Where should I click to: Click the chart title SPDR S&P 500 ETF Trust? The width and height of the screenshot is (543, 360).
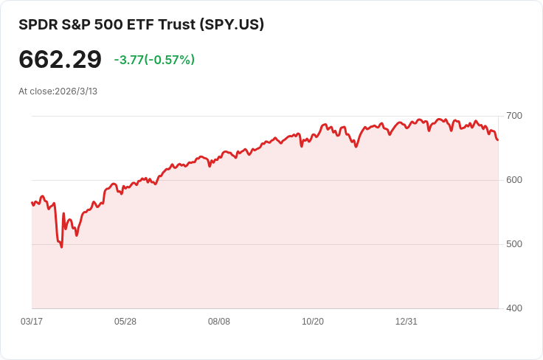point(107,24)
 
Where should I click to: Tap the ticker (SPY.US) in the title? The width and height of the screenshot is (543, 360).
point(232,24)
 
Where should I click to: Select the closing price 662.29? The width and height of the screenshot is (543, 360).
point(60,59)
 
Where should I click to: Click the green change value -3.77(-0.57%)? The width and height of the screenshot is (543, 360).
point(154,60)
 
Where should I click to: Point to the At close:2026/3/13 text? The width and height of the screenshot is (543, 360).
point(58,91)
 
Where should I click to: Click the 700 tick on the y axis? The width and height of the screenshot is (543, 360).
point(514,116)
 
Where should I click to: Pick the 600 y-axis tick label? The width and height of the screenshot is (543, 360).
point(514,180)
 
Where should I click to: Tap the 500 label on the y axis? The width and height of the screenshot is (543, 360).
point(514,244)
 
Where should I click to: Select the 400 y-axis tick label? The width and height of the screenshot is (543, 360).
point(514,308)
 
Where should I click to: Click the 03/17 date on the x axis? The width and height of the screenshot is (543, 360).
point(32,322)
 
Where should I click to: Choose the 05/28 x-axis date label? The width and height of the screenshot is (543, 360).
point(125,322)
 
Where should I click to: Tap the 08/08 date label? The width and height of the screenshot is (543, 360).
point(219,322)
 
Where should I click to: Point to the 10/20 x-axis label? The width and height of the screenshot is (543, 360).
point(313,322)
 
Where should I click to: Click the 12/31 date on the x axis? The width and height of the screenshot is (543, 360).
point(407,322)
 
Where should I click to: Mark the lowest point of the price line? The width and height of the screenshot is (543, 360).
point(61,246)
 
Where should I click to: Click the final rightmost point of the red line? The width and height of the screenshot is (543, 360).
point(498,139)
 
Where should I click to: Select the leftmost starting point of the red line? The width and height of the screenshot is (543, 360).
point(32,202)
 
